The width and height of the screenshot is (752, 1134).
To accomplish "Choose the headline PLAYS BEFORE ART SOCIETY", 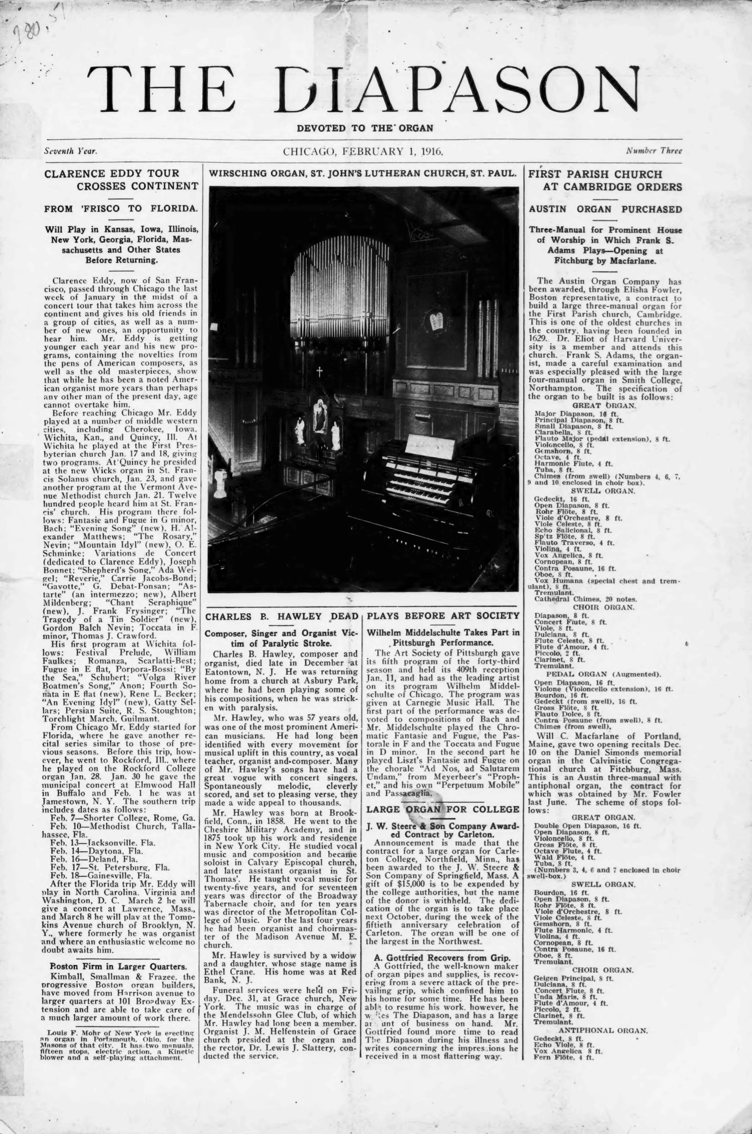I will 443,616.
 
